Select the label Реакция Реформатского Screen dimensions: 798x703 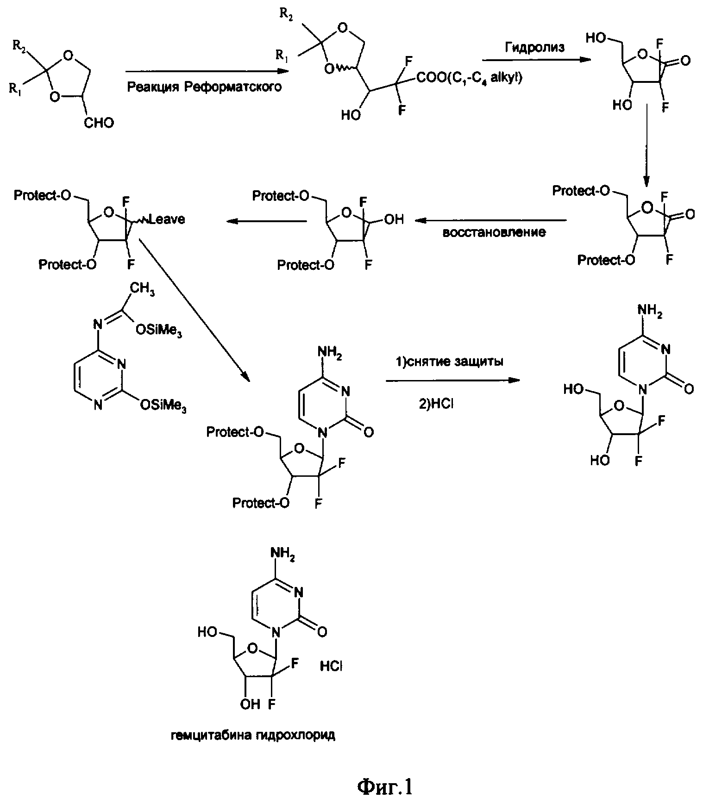point(204,87)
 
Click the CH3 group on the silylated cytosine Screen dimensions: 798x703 point(142,290)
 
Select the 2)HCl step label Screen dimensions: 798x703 point(437,404)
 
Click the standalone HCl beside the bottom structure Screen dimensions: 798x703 point(331,666)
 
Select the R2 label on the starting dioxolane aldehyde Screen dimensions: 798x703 point(19,45)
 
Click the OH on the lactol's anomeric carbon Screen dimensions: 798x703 point(394,219)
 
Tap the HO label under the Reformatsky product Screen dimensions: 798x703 point(351,115)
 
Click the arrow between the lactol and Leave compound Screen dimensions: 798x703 point(267,221)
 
